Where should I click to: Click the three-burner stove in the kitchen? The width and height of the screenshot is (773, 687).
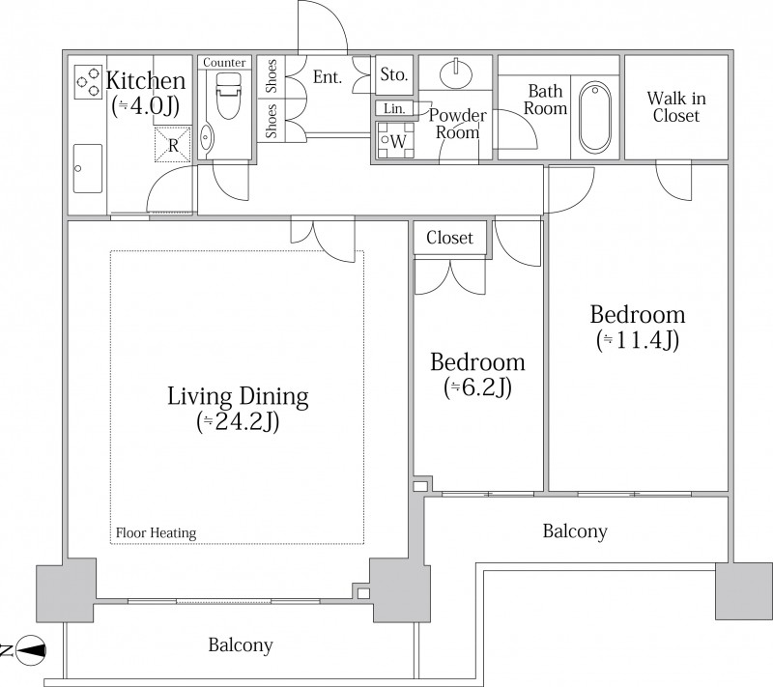click(x=88, y=81)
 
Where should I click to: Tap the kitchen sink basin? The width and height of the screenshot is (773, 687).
click(x=88, y=168)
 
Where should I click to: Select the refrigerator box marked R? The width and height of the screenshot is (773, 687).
click(x=173, y=144)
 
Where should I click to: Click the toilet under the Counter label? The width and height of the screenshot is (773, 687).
click(x=228, y=96)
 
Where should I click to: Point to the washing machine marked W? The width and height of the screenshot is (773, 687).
click(x=395, y=140)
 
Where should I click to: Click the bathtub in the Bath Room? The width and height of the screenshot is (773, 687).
click(x=594, y=117)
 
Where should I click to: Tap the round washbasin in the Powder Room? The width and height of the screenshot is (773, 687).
click(x=456, y=74)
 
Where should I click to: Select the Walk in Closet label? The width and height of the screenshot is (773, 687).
click(x=676, y=107)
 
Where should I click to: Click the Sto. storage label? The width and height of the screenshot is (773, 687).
click(x=394, y=75)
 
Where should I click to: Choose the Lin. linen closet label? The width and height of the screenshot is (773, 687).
click(x=394, y=108)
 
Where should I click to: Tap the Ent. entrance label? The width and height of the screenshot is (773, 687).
click(x=328, y=77)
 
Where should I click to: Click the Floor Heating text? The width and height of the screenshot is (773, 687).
click(x=156, y=532)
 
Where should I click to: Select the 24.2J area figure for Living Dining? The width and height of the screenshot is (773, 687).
click(x=238, y=422)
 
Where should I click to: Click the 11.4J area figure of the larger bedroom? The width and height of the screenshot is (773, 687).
click(x=638, y=340)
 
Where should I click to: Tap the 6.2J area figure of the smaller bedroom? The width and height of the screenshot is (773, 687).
click(x=477, y=387)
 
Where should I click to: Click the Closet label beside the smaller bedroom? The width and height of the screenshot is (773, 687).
click(x=449, y=238)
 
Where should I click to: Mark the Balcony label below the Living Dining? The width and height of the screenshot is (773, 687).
click(x=241, y=645)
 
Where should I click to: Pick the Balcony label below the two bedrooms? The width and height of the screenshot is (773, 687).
click(x=575, y=531)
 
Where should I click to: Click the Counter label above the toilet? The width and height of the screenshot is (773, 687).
click(x=224, y=63)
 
